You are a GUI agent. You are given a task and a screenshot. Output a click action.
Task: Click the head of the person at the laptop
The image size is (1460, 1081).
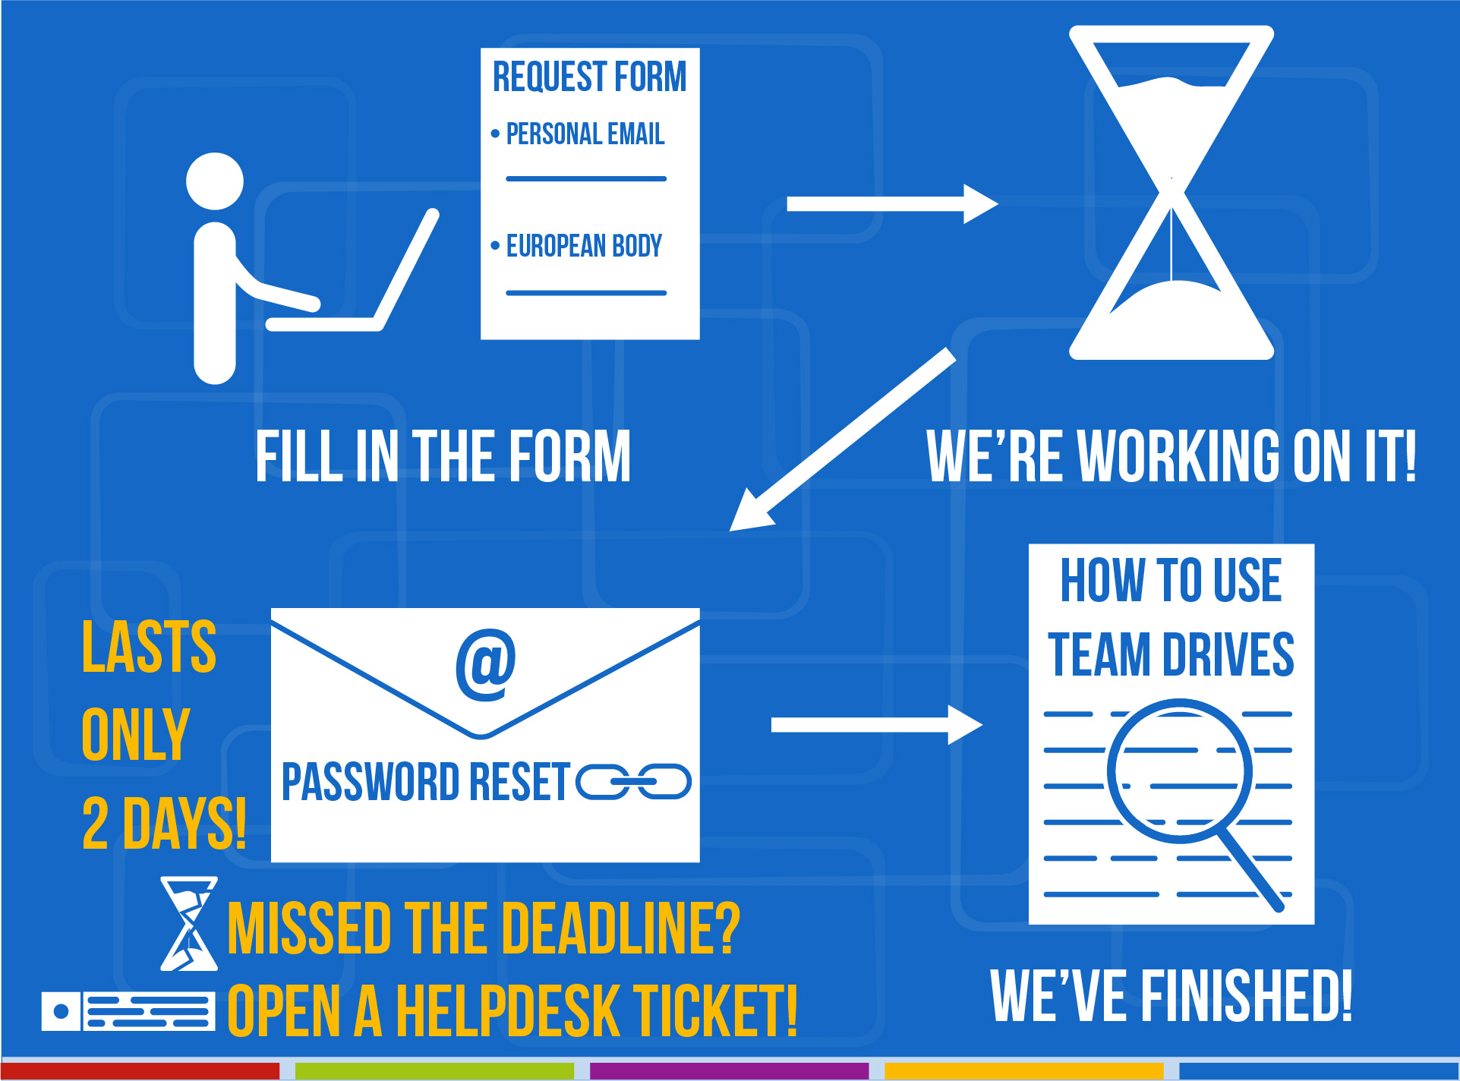coord(215,181)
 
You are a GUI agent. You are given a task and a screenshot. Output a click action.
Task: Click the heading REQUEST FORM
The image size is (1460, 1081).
coord(589,77)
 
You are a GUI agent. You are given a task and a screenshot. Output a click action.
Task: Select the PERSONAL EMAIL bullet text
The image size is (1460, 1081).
coord(585,134)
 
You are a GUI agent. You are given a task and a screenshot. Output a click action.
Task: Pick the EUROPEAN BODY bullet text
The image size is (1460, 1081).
coord(584,246)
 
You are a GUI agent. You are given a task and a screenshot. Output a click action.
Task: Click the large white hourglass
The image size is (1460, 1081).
coord(1171,193)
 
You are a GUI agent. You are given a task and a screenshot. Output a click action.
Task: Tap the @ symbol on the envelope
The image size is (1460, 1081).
coord(486,665)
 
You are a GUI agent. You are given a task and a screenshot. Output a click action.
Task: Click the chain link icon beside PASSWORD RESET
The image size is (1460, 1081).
coord(634,782)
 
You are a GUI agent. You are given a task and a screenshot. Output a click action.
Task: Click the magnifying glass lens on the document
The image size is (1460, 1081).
coord(1178,771)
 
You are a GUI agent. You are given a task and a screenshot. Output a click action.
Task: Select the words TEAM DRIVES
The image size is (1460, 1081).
coord(1171,654)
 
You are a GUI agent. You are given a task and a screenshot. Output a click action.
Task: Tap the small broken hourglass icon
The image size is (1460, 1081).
coord(189,924)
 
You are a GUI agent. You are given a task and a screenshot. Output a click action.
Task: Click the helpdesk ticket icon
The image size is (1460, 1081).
coord(128,1011)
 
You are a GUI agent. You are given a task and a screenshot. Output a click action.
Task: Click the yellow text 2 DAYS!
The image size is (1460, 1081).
coord(163,824)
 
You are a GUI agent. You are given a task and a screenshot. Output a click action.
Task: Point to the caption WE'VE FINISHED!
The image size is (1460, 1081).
coord(1171,996)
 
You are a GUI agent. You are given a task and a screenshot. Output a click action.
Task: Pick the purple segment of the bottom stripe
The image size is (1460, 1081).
coord(729,1070)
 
